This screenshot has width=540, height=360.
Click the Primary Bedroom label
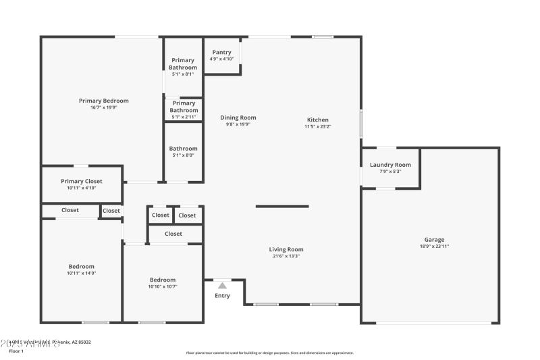point(103,101)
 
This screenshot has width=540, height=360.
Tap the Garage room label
point(434,240)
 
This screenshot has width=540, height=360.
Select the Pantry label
point(221,52)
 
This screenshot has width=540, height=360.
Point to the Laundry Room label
point(390,165)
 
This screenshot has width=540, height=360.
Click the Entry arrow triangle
point(222,286)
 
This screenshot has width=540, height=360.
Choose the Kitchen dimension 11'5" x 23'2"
point(317,126)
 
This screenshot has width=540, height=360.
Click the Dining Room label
point(238,118)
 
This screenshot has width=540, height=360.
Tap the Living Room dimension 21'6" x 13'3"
point(286,256)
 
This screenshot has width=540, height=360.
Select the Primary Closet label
point(82,181)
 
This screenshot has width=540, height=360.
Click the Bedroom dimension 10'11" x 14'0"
point(82,273)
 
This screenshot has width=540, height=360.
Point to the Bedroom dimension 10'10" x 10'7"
point(163,286)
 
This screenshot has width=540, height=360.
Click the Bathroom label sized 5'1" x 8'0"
point(184,149)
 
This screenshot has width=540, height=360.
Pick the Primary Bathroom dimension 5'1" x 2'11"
point(184,117)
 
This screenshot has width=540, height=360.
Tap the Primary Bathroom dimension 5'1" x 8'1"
point(183,74)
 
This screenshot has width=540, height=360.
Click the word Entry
point(222,296)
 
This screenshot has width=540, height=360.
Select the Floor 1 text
point(16,351)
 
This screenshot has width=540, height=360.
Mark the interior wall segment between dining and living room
point(282,206)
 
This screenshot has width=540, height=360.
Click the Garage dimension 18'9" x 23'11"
point(434,247)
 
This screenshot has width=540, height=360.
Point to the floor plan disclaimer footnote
point(270,353)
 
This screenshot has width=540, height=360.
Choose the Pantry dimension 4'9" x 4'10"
point(221,59)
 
